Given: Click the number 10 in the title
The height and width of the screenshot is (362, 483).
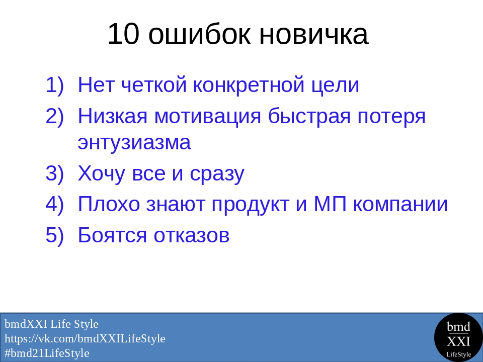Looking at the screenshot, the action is pyautogui.click(x=123, y=34).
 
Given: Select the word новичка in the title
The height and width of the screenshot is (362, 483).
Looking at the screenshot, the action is pyautogui.click(x=314, y=34).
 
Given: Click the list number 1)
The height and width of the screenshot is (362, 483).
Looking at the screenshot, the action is pyautogui.click(x=55, y=85).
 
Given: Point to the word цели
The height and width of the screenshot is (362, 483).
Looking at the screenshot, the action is pyautogui.click(x=335, y=85).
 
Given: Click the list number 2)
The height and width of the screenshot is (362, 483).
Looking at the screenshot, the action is pyautogui.click(x=55, y=116).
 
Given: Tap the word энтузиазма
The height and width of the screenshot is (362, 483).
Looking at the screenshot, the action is pyautogui.click(x=134, y=142).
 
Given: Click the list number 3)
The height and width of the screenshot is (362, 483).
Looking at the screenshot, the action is pyautogui.click(x=55, y=173).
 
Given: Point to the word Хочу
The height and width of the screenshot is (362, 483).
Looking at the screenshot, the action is pyautogui.click(x=101, y=173).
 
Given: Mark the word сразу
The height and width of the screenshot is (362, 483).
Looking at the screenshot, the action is pyautogui.click(x=217, y=174).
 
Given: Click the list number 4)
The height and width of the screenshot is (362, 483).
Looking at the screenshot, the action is pyautogui.click(x=55, y=204).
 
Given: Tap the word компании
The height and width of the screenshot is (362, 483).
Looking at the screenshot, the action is pyautogui.click(x=400, y=205).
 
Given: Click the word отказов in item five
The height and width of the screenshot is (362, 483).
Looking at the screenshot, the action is pyautogui.click(x=192, y=235).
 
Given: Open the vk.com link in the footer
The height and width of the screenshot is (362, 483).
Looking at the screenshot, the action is pyautogui.click(x=85, y=338).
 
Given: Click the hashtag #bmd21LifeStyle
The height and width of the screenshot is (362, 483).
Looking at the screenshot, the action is pyautogui.click(x=47, y=353).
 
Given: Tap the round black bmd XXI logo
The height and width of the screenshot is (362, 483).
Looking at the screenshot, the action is pyautogui.click(x=458, y=338).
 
